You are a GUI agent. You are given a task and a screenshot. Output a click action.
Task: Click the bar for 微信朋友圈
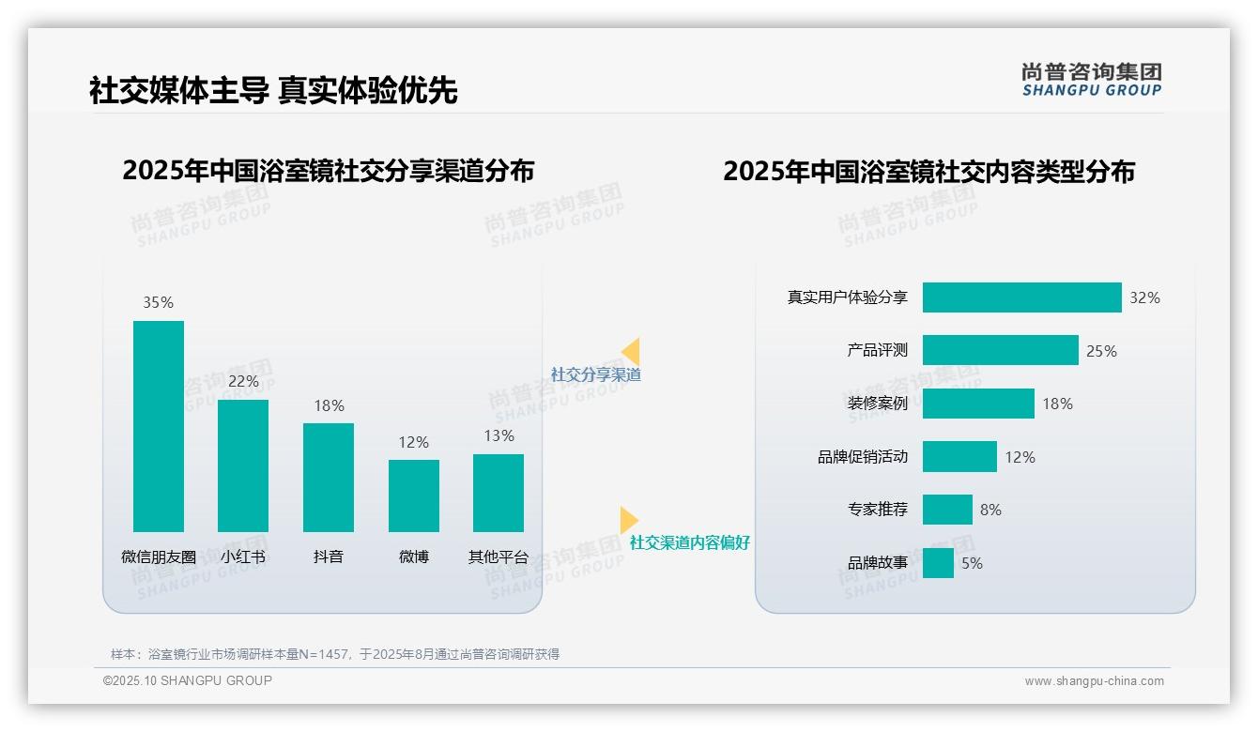click(159, 426)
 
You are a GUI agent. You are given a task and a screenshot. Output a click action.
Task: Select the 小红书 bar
click(243, 465)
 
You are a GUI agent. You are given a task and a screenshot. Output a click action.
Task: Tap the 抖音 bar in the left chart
click(329, 477)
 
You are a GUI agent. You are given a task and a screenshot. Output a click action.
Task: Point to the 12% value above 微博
click(413, 442)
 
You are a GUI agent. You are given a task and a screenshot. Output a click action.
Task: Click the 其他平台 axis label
click(499, 557)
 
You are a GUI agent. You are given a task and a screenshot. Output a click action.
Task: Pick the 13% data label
click(499, 435)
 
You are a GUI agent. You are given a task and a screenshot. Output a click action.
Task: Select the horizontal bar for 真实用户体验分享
click(1021, 297)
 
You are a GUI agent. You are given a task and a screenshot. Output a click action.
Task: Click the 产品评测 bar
click(1000, 350)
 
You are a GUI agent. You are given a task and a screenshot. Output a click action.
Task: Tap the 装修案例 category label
click(877, 404)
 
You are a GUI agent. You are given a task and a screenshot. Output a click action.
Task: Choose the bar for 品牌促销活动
click(959, 457)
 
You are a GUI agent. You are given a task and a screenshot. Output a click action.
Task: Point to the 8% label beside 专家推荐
click(990, 510)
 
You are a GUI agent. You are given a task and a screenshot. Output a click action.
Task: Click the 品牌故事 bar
click(938, 563)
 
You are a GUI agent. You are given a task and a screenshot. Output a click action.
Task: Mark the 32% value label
click(1144, 297)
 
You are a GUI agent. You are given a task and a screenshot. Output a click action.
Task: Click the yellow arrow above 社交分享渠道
click(631, 351)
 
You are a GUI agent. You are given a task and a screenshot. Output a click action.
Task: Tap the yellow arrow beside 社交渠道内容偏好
click(628, 520)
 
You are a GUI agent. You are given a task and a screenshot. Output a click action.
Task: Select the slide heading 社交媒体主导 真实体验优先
click(273, 91)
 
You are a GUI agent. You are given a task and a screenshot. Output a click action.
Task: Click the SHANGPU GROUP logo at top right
click(1091, 80)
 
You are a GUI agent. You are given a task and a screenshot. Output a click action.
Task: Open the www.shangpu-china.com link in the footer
click(1094, 681)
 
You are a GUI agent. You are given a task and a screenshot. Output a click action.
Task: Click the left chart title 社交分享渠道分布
click(328, 171)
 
